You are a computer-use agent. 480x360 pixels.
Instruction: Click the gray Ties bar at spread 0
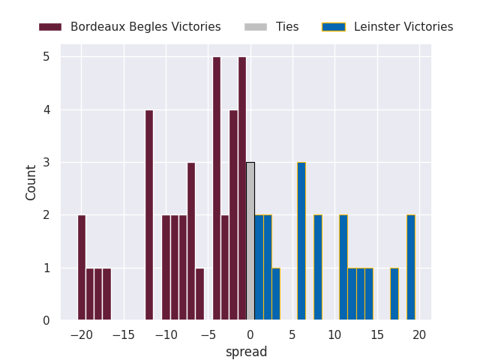(250, 241)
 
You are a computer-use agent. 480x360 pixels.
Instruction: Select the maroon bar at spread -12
(149, 215)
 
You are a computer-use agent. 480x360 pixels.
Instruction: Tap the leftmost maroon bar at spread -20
(82, 268)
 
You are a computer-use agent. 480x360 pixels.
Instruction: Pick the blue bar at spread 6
(301, 241)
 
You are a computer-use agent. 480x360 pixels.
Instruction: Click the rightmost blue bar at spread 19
(411, 268)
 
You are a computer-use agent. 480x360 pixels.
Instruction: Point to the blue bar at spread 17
(394, 294)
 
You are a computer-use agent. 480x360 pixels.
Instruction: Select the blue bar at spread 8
(318, 268)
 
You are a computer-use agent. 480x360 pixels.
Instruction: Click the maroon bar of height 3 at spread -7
(191, 241)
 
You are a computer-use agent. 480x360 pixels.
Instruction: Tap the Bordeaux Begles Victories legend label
(145, 27)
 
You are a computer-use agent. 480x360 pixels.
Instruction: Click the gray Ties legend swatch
(255, 27)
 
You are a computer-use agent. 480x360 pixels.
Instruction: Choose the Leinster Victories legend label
(403, 27)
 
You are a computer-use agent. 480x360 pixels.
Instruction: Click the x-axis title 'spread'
(246, 352)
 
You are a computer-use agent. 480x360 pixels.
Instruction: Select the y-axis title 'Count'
(31, 182)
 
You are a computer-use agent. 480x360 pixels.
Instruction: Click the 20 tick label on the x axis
(419, 334)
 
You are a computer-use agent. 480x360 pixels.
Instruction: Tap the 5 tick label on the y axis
(46, 57)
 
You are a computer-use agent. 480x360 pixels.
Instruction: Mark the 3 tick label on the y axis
(46, 163)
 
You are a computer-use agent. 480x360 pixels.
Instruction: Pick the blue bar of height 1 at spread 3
(276, 294)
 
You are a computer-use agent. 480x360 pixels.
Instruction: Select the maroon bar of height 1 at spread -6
(199, 294)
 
